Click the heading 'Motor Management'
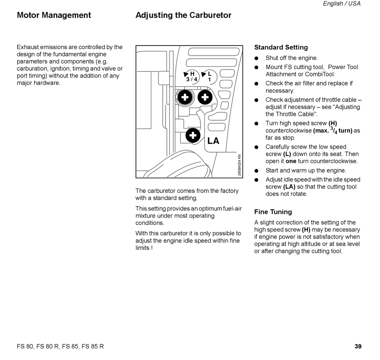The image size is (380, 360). click(54, 16)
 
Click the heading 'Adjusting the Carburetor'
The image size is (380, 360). click(183, 16)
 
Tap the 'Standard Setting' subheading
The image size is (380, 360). click(281, 48)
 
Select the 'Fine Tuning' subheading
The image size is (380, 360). click(273, 212)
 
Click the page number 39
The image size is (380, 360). click(358, 346)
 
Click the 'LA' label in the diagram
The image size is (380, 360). click(213, 141)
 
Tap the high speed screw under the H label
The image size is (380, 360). click(185, 97)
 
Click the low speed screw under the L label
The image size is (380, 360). click(205, 97)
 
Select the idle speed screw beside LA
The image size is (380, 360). click(193, 135)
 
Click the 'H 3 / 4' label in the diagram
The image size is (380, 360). click(192, 76)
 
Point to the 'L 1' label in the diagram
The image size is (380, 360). click(209, 76)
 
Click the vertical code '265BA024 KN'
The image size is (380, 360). click(239, 165)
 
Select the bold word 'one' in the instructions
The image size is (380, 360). click(291, 161)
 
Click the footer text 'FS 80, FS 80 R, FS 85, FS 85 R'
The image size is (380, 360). click(60, 346)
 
